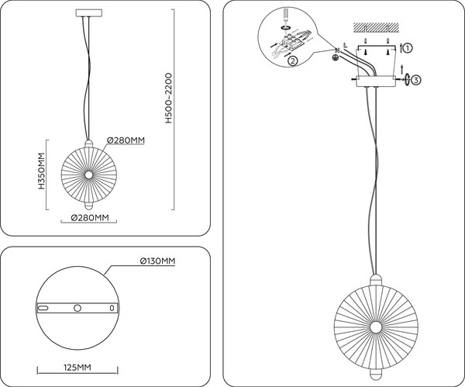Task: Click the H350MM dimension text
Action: pos(41,174)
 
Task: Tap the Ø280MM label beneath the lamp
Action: pos(89,218)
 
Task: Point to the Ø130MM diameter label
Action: pos(157,261)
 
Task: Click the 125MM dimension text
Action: pos(76,368)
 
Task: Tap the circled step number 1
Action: pos(408,47)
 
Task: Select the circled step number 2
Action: pos(293,60)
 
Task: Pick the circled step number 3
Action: pos(416,80)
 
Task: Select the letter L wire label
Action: pos(344,44)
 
